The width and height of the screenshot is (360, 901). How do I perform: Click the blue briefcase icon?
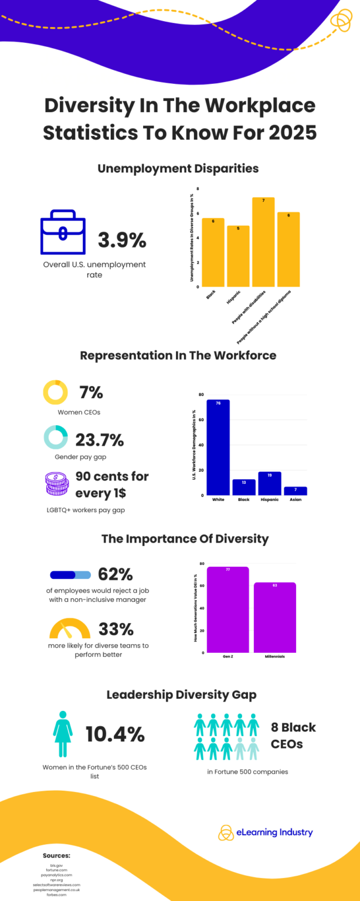tap(63, 236)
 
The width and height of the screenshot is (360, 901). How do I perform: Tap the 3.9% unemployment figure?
tap(122, 240)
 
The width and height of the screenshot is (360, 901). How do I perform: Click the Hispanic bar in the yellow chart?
tap(238, 256)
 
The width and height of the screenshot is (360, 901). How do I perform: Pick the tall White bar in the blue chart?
tap(218, 447)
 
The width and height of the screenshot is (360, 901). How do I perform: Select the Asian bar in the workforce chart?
tap(296, 490)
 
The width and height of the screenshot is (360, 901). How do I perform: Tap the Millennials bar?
tap(275, 617)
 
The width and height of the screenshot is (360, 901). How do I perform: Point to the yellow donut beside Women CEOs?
tap(55, 392)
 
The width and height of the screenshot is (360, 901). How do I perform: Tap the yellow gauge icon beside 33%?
tap(70, 629)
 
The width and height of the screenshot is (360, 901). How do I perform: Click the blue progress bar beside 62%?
tap(70, 575)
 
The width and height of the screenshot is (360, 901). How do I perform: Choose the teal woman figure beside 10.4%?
tap(63, 733)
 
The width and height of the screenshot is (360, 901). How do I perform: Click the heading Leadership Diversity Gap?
tap(181, 695)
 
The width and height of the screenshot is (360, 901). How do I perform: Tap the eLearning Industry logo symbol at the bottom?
tap(226, 832)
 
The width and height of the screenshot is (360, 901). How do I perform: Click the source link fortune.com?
tap(56, 870)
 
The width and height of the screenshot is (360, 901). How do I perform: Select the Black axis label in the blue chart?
tap(244, 500)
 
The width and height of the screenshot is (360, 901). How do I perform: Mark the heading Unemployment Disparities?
tap(178, 168)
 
